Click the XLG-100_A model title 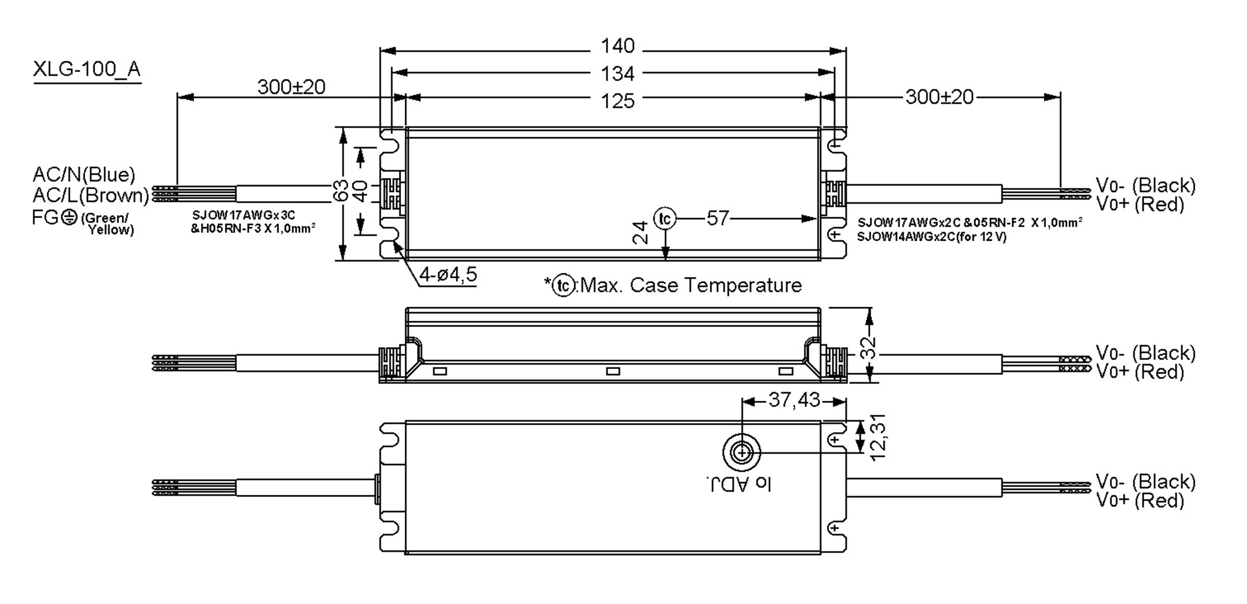[87, 69]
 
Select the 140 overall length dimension [617, 46]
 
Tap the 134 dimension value [617, 74]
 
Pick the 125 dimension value [617, 100]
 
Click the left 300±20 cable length [291, 87]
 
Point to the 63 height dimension [340, 191]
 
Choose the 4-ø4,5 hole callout [448, 274]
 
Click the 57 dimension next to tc [718, 218]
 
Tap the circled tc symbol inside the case [665, 219]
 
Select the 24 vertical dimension [641, 232]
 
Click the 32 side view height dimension [868, 347]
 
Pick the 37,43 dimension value [794, 400]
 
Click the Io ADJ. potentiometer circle [741, 453]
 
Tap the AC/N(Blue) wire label [84, 174]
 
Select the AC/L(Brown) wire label [90, 195]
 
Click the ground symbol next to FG [69, 217]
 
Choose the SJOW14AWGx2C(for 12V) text [931, 237]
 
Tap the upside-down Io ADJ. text [739, 484]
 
